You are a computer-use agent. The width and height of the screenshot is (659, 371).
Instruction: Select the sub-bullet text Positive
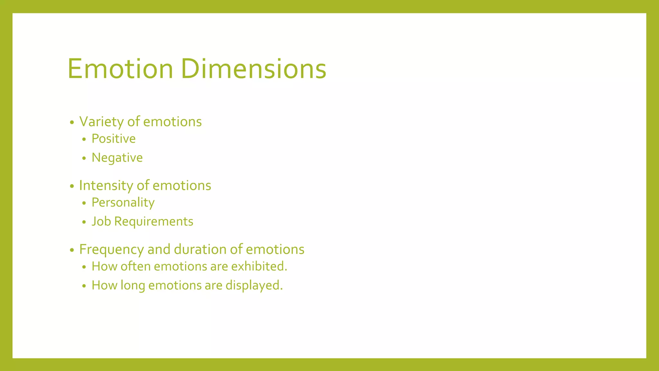tap(114, 139)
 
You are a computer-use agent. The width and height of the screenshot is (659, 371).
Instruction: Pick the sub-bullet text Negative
tap(117, 158)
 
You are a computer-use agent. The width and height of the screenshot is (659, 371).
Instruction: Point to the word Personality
tap(123, 203)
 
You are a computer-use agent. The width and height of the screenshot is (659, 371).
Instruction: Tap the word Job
tap(101, 222)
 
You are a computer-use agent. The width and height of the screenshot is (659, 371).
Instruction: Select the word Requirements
tap(154, 222)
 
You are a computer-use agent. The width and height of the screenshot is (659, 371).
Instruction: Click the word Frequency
tap(111, 250)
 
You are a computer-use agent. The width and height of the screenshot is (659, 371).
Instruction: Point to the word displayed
tap(254, 286)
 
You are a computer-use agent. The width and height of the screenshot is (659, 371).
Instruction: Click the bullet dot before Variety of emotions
tap(72, 122)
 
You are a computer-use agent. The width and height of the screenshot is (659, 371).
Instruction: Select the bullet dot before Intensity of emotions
tap(72, 186)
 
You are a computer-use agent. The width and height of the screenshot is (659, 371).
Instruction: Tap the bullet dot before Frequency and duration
tap(72, 250)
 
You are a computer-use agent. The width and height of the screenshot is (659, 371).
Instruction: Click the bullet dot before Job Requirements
tap(84, 222)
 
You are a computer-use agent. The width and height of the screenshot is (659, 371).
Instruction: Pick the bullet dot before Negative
tap(84, 158)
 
